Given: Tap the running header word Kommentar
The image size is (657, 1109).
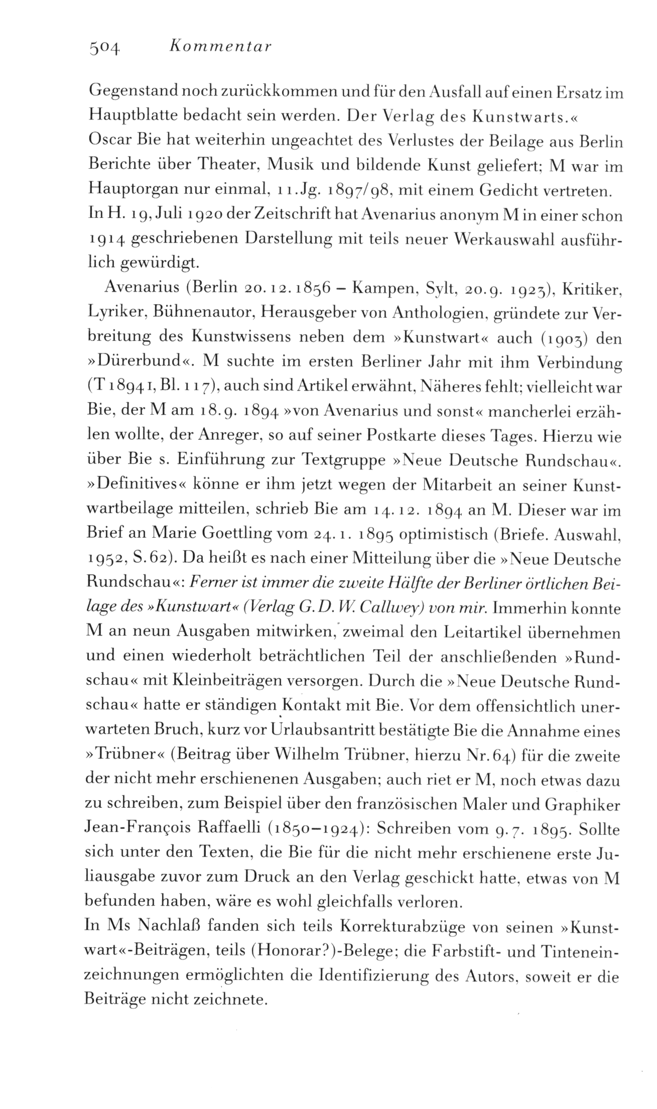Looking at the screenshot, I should (x=221, y=48).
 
